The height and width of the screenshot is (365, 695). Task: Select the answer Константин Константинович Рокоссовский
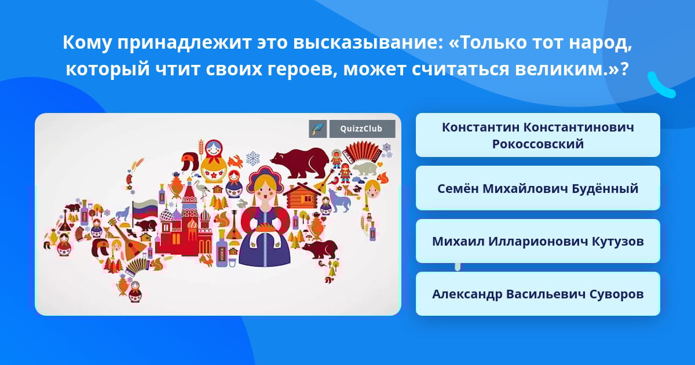(537, 136)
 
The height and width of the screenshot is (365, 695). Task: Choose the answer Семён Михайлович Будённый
(537, 188)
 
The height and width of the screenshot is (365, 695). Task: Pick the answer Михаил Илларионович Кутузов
(537, 241)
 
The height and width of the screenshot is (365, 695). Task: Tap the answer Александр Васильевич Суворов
(537, 294)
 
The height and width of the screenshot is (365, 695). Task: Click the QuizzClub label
(362, 129)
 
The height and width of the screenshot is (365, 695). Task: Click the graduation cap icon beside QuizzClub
(317, 129)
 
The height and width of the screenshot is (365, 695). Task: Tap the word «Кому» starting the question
(87, 42)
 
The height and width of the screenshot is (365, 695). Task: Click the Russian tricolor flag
(145, 209)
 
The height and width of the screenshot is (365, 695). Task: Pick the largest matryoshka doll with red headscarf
(214, 162)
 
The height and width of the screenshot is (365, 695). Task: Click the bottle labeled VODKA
(222, 249)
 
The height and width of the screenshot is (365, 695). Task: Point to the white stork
(204, 188)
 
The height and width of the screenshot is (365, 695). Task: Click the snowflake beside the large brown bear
(253, 159)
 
